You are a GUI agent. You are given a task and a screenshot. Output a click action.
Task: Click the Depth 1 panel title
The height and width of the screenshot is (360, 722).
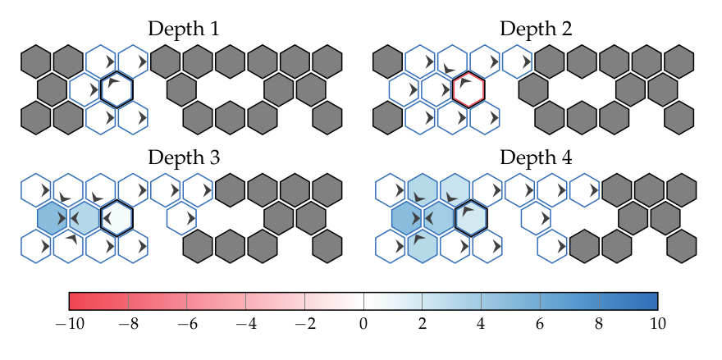183,30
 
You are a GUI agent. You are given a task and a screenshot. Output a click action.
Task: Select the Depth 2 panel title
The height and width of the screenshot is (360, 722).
536,30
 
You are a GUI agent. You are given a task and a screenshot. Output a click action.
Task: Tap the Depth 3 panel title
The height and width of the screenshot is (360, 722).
183,157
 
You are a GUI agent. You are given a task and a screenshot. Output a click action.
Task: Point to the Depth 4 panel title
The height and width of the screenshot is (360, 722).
536,157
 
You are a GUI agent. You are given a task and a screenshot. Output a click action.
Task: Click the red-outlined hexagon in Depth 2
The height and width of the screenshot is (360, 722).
468,89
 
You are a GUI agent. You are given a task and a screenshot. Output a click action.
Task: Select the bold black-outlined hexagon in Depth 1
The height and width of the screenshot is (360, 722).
117,89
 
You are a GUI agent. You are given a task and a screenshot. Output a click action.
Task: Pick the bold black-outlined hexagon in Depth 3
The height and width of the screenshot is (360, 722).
117,217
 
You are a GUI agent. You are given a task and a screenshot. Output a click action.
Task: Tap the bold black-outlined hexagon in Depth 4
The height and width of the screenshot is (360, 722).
470,217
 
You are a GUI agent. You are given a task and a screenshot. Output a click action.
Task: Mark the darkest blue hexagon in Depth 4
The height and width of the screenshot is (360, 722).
406,218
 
